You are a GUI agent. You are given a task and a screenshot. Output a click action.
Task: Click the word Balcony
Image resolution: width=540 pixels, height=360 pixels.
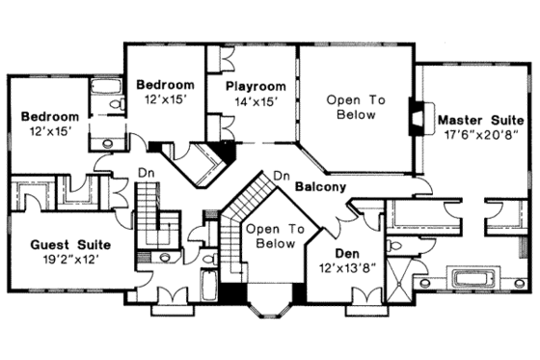pos(320,185)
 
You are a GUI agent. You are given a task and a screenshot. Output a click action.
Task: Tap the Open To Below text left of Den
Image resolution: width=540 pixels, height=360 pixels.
pos(268,236)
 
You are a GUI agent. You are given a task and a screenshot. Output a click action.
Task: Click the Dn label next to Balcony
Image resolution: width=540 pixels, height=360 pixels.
pos(282,175)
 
